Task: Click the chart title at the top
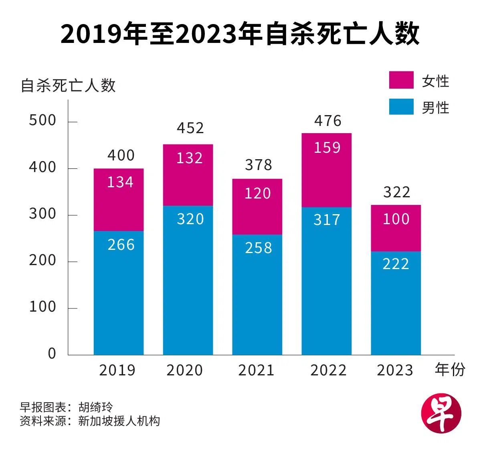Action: click(240, 34)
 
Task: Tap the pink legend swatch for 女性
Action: click(401, 80)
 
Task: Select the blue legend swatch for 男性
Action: click(401, 107)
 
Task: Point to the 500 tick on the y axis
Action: click(42, 121)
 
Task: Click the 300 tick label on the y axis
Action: click(42, 214)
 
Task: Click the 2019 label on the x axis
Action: click(117, 370)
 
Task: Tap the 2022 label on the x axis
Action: click(328, 370)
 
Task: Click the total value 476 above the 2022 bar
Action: click(327, 121)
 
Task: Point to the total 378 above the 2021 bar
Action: click(259, 165)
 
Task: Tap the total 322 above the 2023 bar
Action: click(397, 193)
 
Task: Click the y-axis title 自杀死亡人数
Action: click(68, 85)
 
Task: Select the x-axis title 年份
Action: click(450, 369)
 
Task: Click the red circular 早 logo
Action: click(441, 413)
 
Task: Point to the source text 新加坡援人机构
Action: click(119, 421)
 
